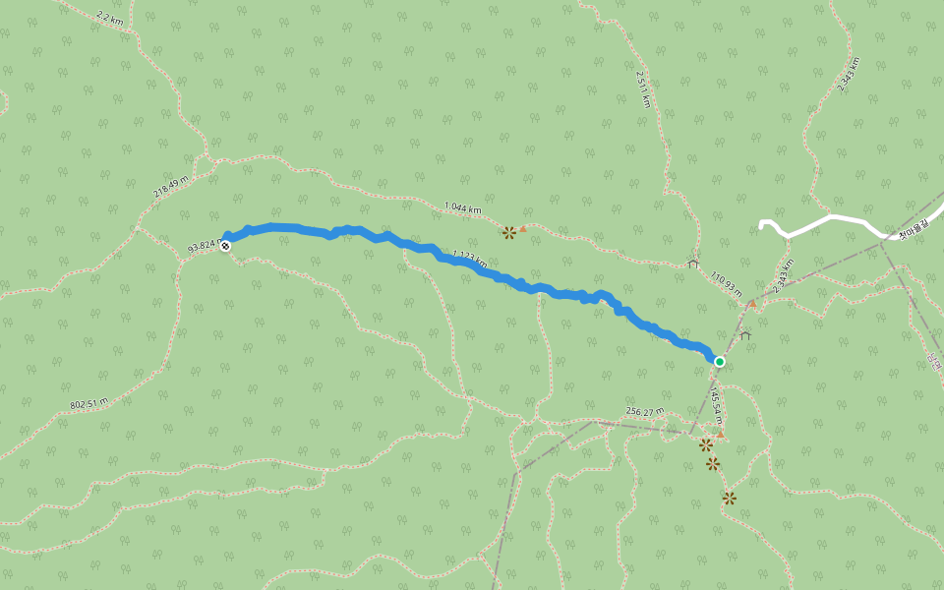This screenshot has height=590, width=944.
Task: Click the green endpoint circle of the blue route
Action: (x=719, y=362)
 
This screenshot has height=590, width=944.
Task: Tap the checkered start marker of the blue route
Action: (x=226, y=245)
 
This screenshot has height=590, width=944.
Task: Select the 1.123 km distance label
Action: (x=467, y=259)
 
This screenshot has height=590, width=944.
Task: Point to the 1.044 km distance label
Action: (x=463, y=207)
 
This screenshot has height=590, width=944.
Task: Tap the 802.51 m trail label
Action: (x=89, y=403)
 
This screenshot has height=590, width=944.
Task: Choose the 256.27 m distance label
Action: (x=645, y=411)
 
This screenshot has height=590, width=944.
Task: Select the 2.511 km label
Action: (x=642, y=89)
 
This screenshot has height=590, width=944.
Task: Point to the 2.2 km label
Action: (x=110, y=18)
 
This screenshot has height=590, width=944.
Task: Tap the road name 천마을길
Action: (x=914, y=236)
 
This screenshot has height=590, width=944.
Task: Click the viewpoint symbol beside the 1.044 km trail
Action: (x=508, y=233)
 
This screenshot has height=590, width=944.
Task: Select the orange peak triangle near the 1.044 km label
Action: (x=523, y=229)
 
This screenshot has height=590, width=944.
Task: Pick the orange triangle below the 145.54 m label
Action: (x=720, y=435)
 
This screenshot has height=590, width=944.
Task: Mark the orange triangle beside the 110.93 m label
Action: (x=752, y=304)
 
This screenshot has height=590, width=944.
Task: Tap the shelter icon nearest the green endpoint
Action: (x=744, y=335)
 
